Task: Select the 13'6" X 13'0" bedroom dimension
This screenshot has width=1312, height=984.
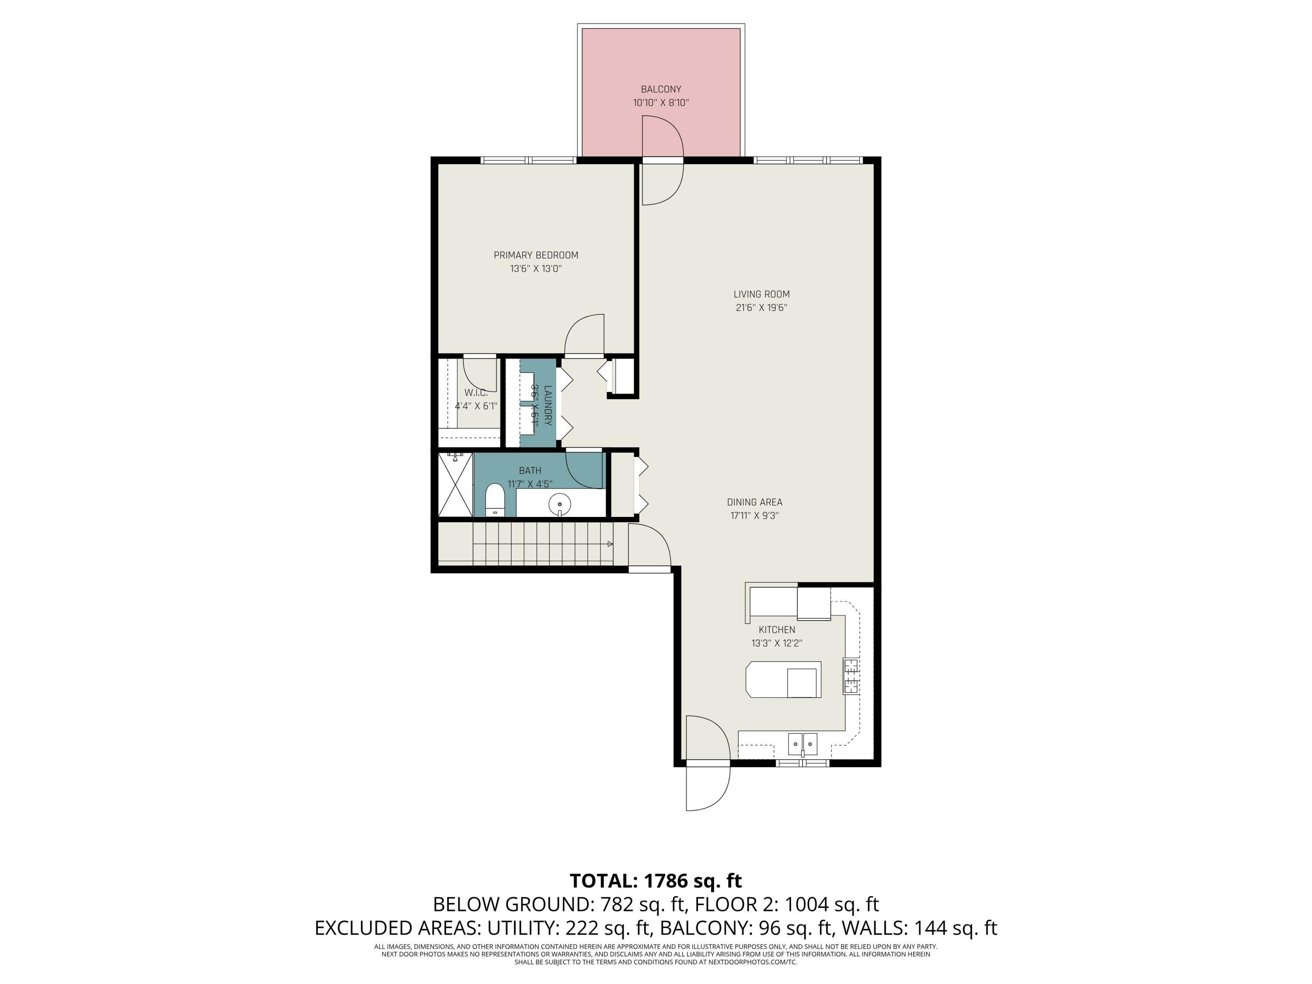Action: [x=536, y=269]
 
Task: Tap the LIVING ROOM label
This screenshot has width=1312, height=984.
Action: [x=761, y=294]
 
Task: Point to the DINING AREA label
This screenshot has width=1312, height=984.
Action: [x=754, y=502]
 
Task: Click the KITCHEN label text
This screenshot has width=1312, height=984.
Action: [x=776, y=630]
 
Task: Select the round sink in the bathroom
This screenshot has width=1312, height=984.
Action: [x=559, y=504]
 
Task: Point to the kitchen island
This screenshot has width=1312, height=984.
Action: [x=783, y=679]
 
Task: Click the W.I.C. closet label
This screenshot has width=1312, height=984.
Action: [x=476, y=393]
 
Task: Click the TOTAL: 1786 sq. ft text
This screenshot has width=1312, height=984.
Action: [x=656, y=881]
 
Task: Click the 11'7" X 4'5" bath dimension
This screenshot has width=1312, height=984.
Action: [x=530, y=484]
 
